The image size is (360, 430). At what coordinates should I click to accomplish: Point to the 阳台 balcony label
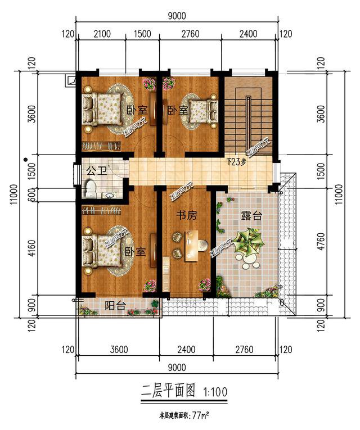tap(116, 306)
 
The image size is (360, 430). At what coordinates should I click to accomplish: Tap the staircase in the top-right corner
tap(248, 115)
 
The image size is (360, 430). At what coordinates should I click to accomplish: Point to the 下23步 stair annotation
tap(237, 162)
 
